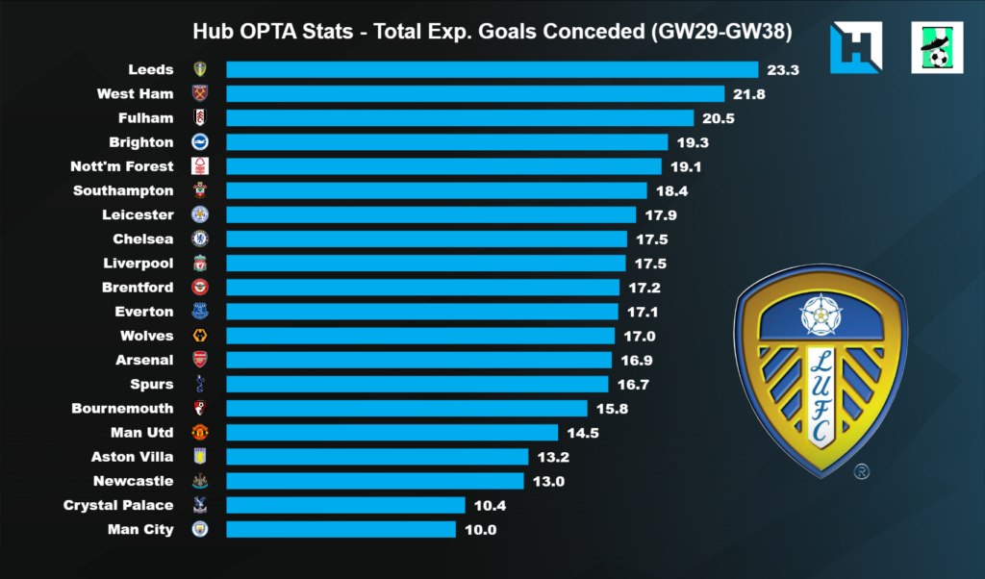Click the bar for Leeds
tap(492, 69)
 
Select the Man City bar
tap(341, 529)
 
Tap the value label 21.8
tap(753, 93)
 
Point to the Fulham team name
tap(154, 117)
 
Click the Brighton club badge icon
tap(200, 141)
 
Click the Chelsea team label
tap(143, 239)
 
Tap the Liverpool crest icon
tap(200, 263)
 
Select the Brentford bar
tap(422, 288)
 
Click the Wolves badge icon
tap(200, 336)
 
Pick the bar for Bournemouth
tap(406, 409)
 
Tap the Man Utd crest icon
tap(200, 433)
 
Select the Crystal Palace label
tap(118, 505)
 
